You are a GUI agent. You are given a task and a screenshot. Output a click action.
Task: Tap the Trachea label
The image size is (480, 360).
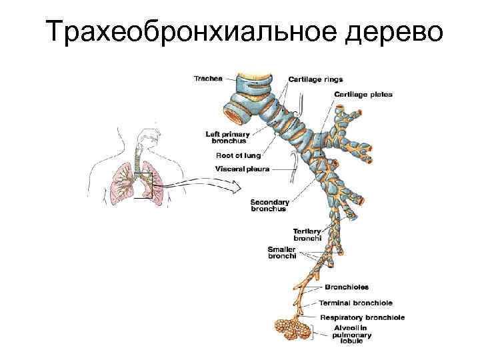(207, 78)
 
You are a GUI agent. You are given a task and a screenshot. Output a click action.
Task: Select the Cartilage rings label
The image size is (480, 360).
(315, 79)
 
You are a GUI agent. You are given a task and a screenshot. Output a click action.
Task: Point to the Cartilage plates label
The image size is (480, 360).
(363, 95)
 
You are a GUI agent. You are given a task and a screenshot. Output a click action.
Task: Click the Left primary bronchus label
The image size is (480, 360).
(226, 137)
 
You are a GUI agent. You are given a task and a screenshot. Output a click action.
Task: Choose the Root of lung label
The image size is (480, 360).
(238, 155)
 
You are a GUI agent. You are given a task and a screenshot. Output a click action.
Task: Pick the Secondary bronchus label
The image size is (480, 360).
(269, 205)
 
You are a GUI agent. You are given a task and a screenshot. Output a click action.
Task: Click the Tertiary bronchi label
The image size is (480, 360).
(307, 235)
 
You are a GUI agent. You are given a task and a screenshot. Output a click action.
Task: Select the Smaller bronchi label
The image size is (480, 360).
(282, 253)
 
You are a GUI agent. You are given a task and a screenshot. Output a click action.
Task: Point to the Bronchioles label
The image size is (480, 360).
(347, 287)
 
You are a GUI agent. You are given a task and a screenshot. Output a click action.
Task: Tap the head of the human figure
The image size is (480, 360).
(146, 139)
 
